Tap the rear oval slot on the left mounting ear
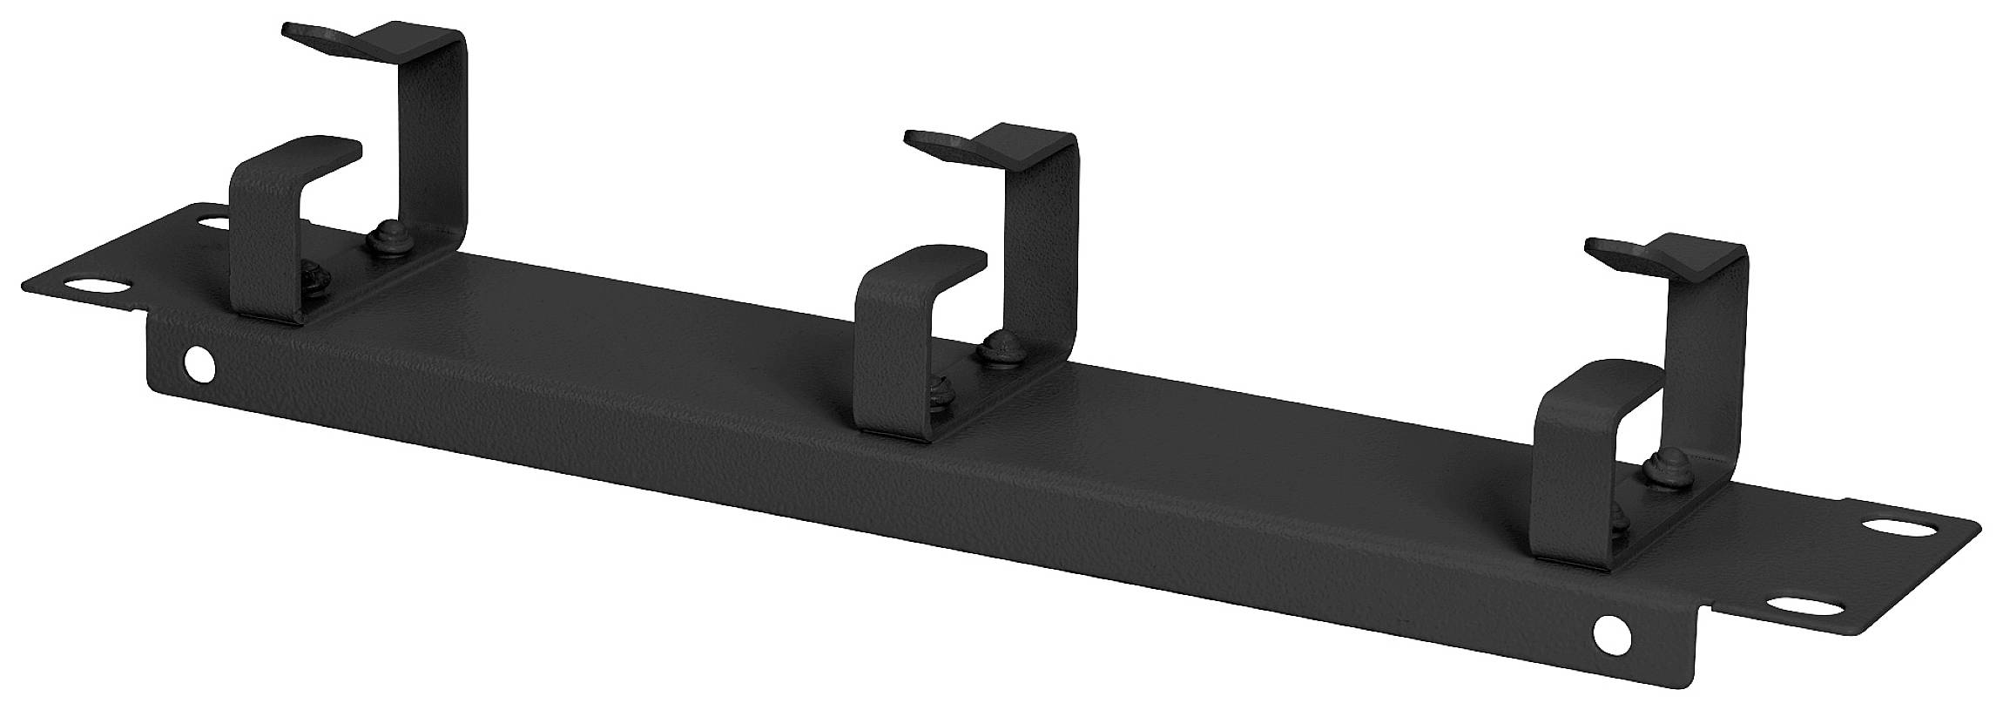212,223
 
